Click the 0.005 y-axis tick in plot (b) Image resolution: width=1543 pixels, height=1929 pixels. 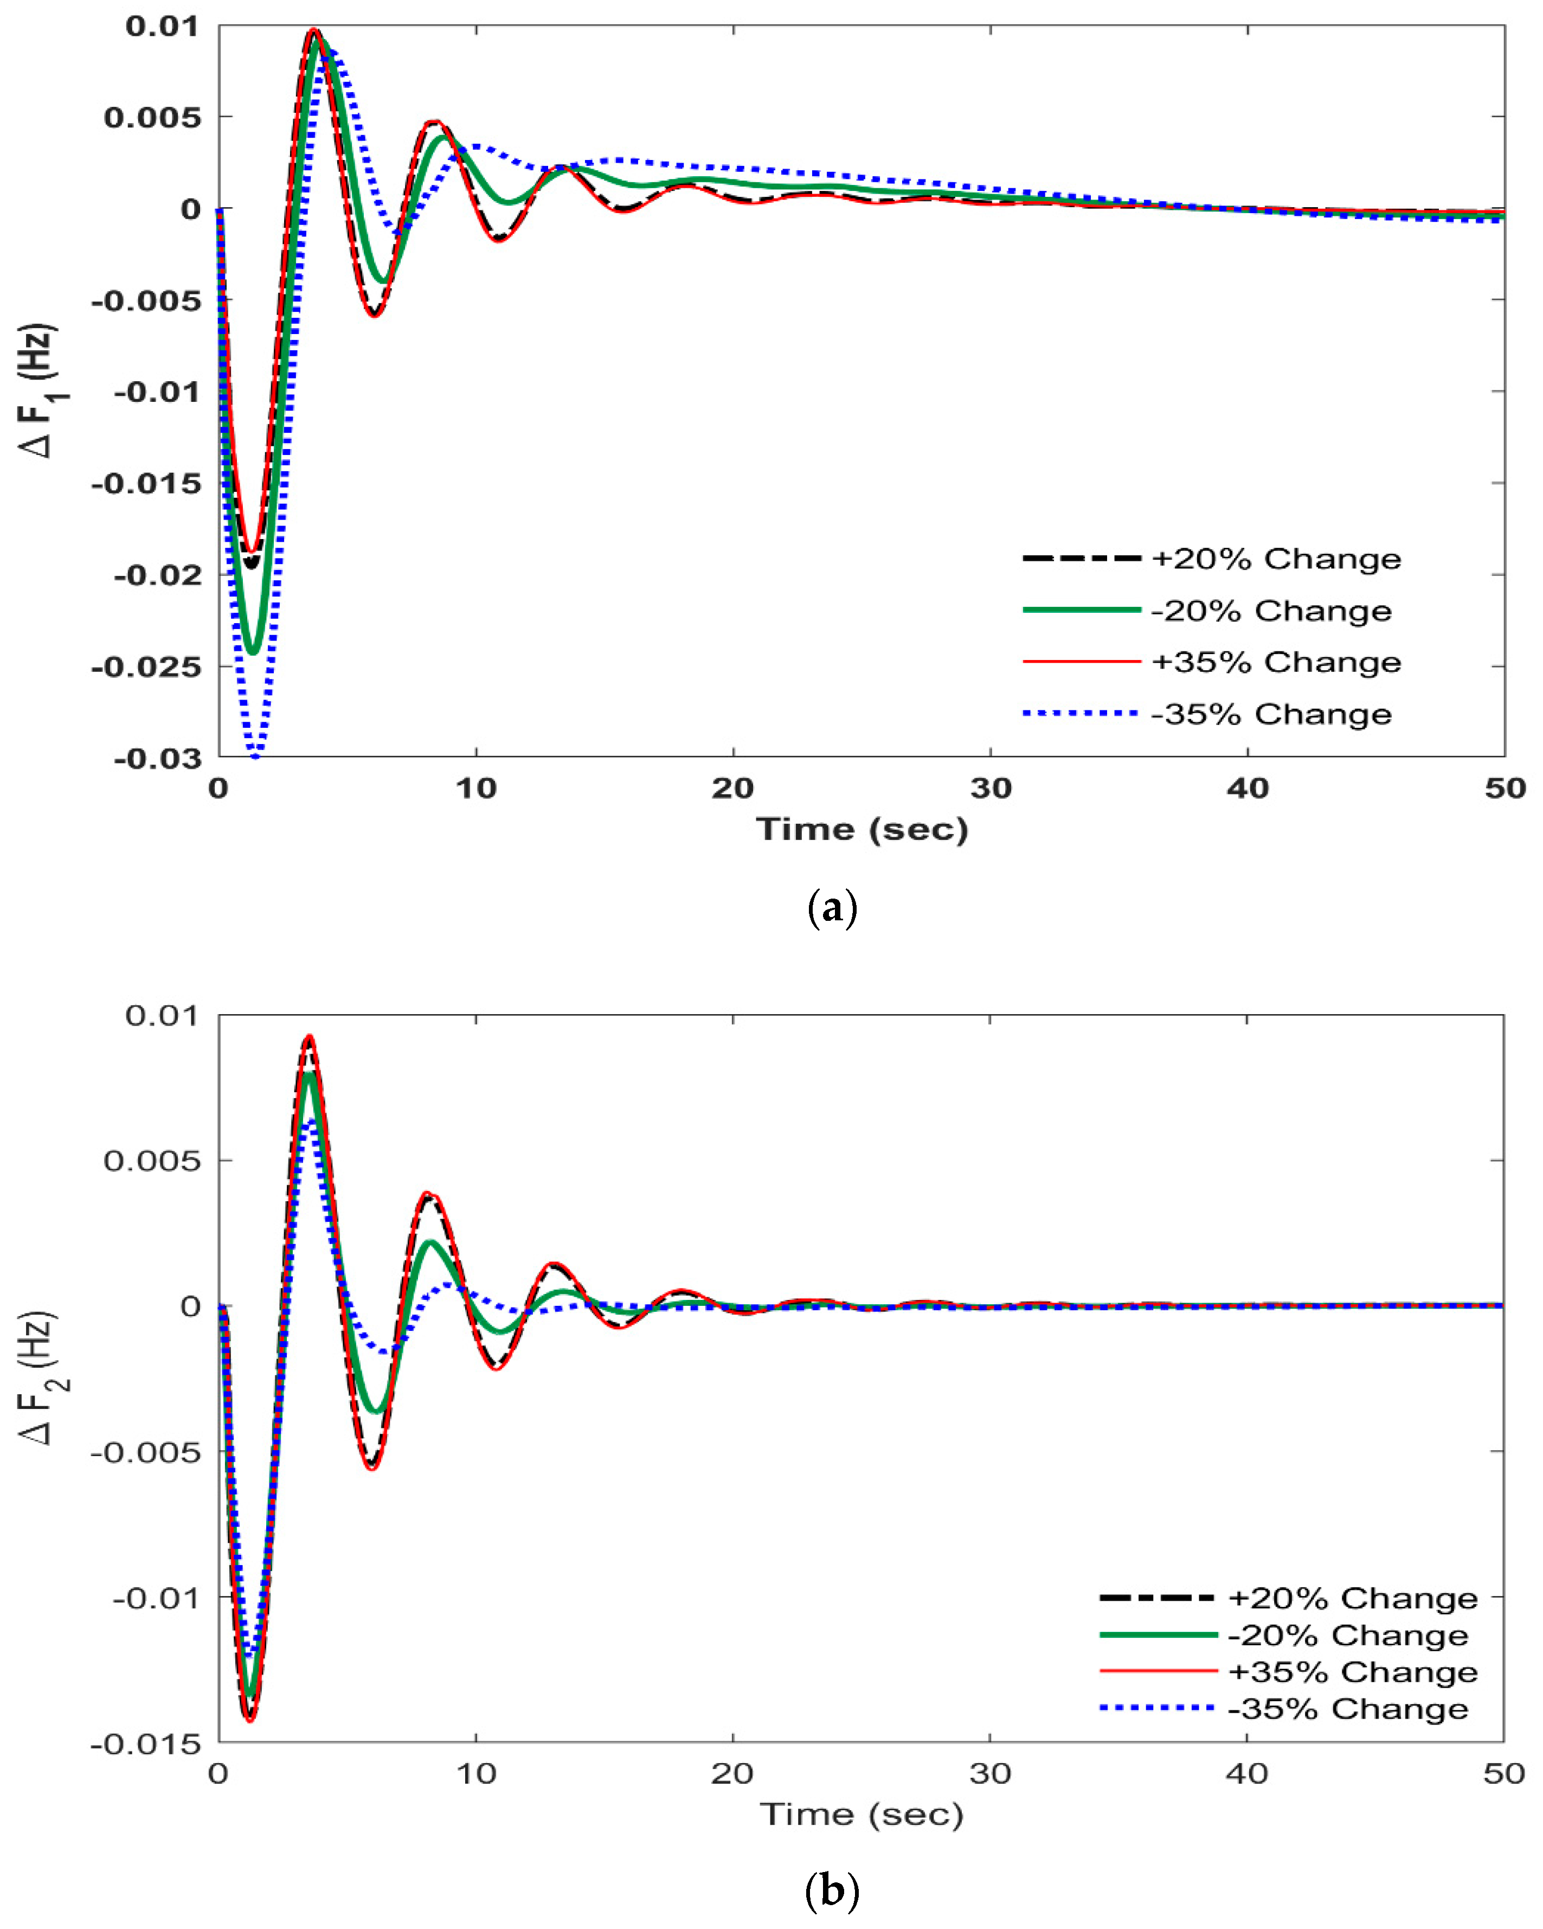(152, 1161)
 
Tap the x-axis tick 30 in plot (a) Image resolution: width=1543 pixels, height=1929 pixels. (990, 788)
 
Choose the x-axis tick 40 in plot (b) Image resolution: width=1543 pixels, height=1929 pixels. (1247, 1773)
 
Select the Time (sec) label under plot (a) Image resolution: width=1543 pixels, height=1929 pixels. (861, 829)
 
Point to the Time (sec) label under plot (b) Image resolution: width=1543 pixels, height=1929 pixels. (861, 1815)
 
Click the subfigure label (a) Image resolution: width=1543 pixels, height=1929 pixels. (832, 909)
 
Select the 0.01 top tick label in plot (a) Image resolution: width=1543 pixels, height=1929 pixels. (163, 26)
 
